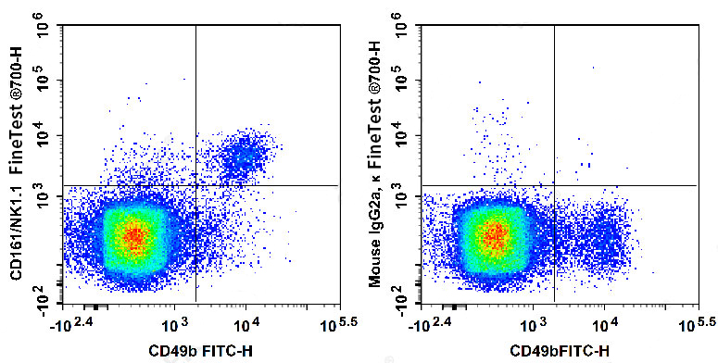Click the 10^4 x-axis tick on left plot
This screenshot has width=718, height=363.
pyautogui.click(x=246, y=326)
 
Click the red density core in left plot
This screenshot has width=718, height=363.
pyautogui.click(x=135, y=237)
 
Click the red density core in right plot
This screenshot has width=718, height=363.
pyautogui.click(x=494, y=237)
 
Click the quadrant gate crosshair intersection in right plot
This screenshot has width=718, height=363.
pyautogui.click(x=554, y=185)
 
